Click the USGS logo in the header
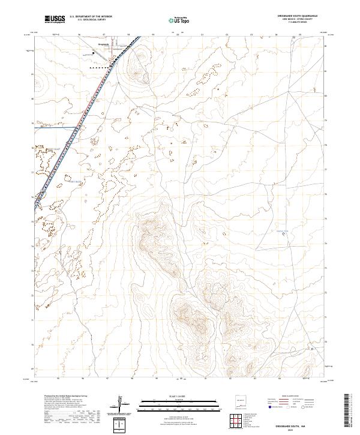55,19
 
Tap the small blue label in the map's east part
281,229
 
